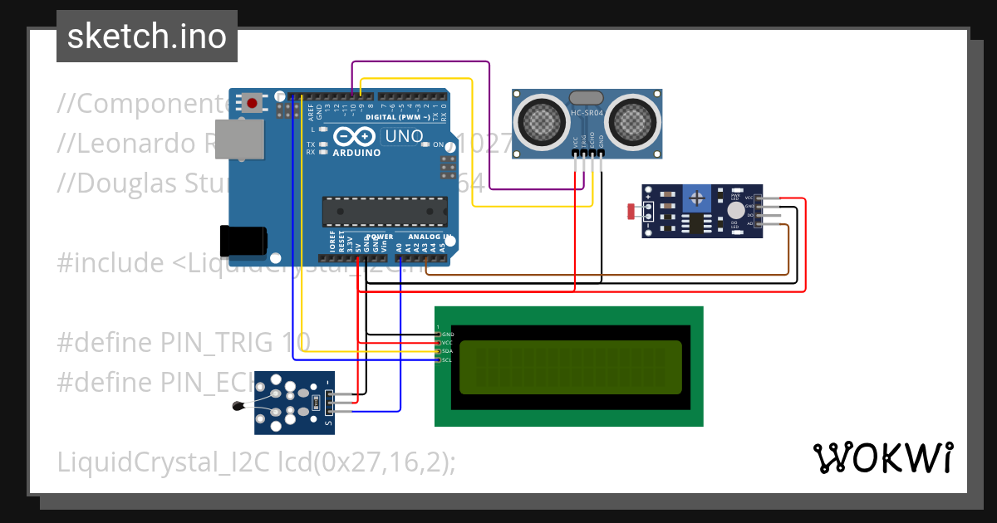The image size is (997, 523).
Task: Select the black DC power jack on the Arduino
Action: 243,241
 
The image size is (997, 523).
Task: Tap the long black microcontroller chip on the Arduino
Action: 384,213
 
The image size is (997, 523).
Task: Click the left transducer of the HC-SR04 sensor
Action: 543,120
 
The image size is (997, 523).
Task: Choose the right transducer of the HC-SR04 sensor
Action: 634,120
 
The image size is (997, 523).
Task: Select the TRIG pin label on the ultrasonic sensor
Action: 583,142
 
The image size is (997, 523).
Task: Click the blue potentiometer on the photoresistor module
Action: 696,198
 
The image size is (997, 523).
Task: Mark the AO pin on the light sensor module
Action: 749,224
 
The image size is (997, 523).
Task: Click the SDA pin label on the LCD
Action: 446,351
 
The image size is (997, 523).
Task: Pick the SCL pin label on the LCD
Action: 446,359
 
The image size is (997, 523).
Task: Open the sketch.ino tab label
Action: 147,37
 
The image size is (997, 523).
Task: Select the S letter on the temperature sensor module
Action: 328,424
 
